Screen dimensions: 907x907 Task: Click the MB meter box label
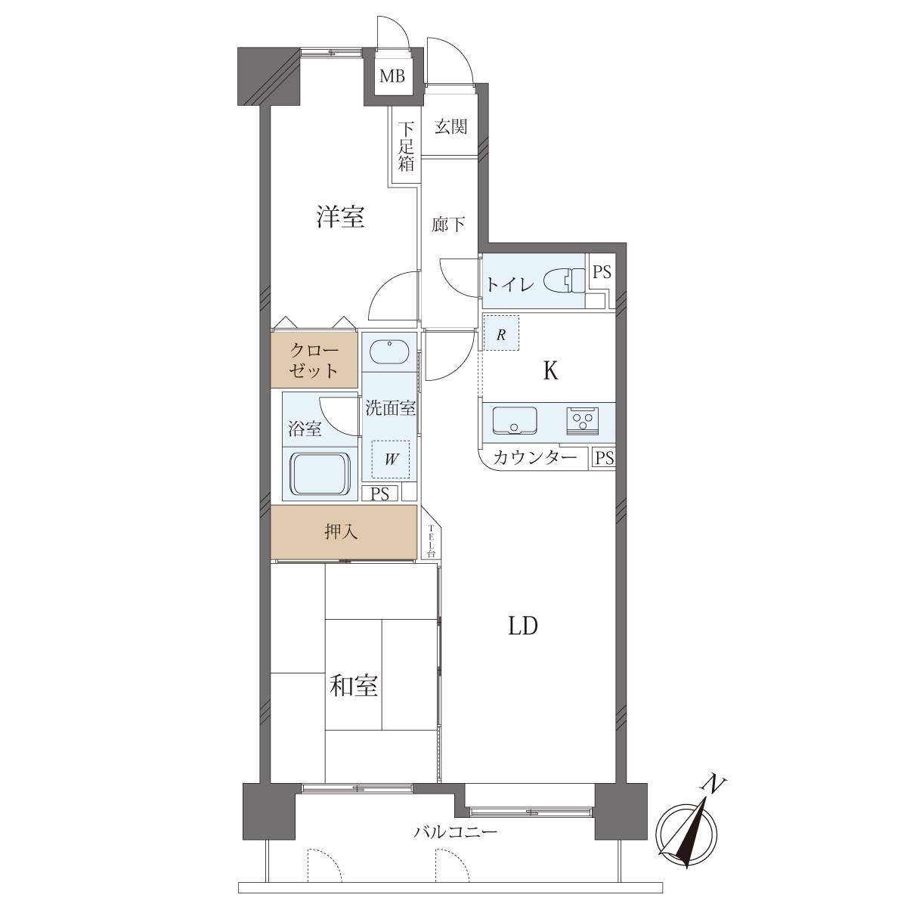(x=392, y=76)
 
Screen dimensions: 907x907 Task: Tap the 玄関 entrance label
(x=450, y=127)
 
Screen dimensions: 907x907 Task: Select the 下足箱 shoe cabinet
(x=406, y=147)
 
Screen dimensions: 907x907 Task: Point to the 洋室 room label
(x=340, y=217)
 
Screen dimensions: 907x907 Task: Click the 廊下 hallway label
(x=448, y=224)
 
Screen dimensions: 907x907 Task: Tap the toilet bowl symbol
(x=564, y=281)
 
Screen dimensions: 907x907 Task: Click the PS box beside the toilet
(x=601, y=272)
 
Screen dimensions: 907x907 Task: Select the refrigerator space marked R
(x=501, y=333)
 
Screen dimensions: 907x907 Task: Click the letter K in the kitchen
(x=551, y=371)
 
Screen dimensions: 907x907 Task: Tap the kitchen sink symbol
(x=515, y=420)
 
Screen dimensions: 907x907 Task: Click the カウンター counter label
(x=534, y=458)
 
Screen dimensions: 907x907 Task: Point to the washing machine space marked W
(x=391, y=460)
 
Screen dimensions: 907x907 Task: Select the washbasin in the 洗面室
(x=389, y=351)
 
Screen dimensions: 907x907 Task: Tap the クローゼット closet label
(x=314, y=361)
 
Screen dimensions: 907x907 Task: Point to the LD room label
(x=523, y=626)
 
